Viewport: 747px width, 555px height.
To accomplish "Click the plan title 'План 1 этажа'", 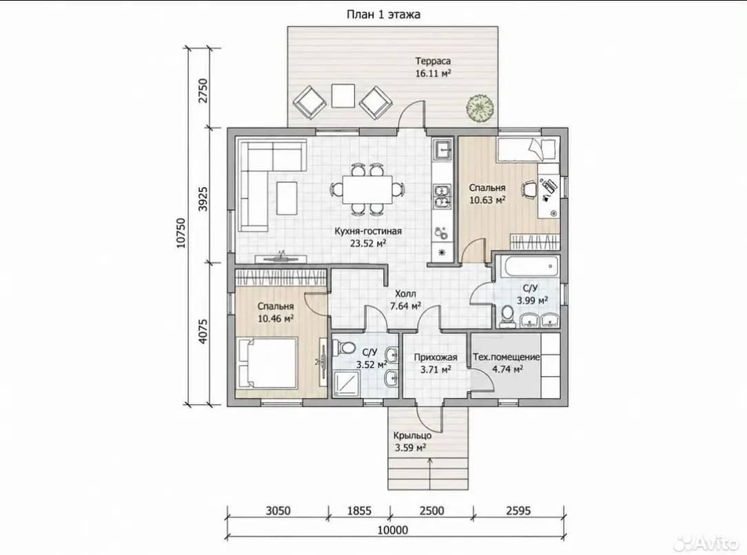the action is click(x=383, y=14).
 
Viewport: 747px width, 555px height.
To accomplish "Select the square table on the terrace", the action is click(x=343, y=96).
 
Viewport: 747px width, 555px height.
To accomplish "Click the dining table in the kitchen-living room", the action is click(x=368, y=189).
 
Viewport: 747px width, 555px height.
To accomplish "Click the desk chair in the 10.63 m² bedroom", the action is click(x=529, y=189).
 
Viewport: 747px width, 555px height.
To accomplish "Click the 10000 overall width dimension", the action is click(x=393, y=530).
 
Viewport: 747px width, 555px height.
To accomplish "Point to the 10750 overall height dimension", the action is click(x=181, y=233).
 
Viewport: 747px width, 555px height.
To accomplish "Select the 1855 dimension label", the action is click(x=359, y=511).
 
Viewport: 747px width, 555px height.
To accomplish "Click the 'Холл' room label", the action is click(x=405, y=294).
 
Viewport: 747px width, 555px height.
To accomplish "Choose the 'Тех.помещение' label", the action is click(x=506, y=357).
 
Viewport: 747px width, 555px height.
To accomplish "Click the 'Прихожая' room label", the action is click(x=436, y=357).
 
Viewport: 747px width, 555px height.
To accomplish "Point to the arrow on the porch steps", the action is click(x=431, y=473).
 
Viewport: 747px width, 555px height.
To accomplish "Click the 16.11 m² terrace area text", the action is click(x=433, y=73).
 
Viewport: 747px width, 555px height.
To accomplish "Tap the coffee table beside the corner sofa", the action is click(x=287, y=198).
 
